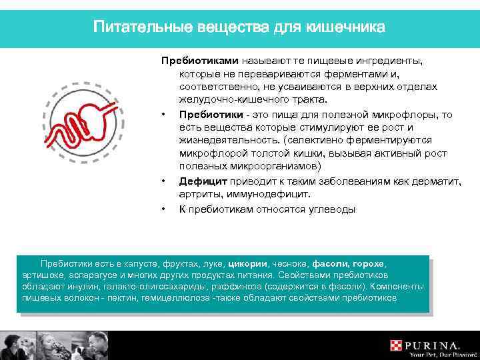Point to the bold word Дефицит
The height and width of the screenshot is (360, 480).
(203, 181)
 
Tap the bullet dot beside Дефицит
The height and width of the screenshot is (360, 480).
(163, 181)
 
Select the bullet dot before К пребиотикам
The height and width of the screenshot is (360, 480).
(163, 209)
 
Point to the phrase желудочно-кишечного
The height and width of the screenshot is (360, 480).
(226, 100)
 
